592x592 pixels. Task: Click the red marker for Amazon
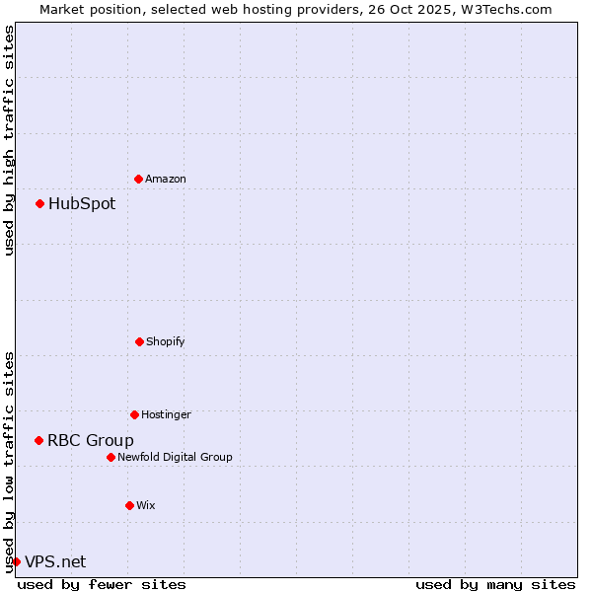pos(138,179)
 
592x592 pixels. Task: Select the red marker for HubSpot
pos(39,204)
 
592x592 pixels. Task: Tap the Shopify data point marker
pos(139,341)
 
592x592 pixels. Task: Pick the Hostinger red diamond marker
pos(134,414)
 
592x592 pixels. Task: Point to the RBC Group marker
pos(38,440)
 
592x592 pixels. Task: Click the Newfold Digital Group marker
pos(111,457)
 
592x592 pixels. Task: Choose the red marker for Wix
pos(129,505)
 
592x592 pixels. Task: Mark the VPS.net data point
pos(16,561)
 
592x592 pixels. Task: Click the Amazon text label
pos(166,179)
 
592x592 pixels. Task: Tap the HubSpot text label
pos(82,204)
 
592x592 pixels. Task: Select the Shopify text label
pos(166,341)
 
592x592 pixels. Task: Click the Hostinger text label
pos(166,414)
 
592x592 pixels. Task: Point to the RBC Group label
pos(91,440)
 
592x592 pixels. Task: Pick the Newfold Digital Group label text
pos(175,457)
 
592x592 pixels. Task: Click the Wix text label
pos(146,505)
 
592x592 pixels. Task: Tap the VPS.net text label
pos(55,561)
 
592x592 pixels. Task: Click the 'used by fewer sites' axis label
pos(102,584)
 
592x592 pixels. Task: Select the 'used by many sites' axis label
pos(495,584)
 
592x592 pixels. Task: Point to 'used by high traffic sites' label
pos(9,140)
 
